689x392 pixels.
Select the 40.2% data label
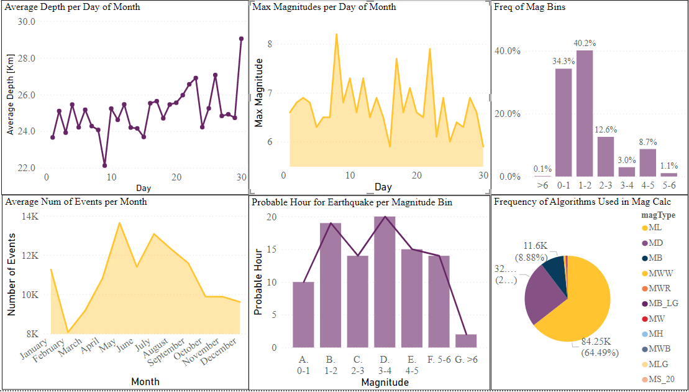(x=585, y=44)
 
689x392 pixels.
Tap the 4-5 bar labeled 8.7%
(x=648, y=162)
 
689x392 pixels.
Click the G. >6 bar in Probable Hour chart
(x=465, y=340)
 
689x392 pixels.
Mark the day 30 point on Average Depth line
(x=241, y=39)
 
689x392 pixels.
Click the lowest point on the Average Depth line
(x=104, y=166)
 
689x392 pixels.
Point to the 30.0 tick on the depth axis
(x=26, y=21)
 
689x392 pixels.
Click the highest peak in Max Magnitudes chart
(x=336, y=35)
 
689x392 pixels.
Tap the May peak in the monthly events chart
(x=119, y=223)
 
